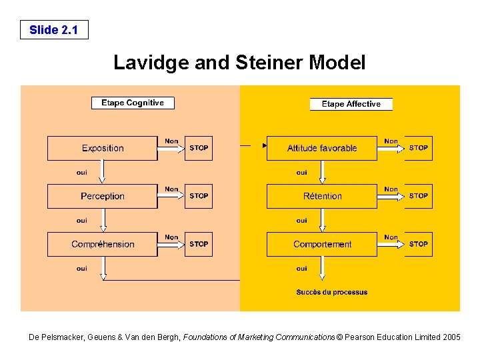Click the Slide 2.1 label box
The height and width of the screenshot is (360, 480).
(x=53, y=30)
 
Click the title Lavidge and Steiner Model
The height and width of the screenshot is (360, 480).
(x=239, y=63)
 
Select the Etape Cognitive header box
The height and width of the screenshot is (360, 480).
(x=132, y=103)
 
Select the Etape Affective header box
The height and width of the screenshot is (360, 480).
(x=351, y=104)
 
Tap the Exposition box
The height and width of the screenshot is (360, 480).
(x=103, y=148)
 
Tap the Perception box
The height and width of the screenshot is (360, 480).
(x=103, y=196)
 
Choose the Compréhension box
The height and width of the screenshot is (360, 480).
(x=103, y=244)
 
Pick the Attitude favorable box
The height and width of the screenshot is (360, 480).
(x=322, y=148)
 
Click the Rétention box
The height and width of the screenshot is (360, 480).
(x=322, y=196)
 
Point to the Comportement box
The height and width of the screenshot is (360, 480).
(x=322, y=244)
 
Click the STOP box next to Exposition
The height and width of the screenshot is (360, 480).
(x=199, y=148)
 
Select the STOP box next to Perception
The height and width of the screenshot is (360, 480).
(x=199, y=196)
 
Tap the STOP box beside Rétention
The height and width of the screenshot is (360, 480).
(x=419, y=196)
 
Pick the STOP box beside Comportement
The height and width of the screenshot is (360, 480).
(x=419, y=244)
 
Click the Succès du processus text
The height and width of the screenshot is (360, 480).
(x=331, y=292)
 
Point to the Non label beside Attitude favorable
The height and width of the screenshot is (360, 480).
(x=391, y=141)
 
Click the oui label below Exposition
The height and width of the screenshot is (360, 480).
(x=81, y=172)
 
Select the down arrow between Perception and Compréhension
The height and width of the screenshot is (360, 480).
(x=103, y=220)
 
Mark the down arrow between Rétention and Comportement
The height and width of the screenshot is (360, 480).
(x=322, y=220)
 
